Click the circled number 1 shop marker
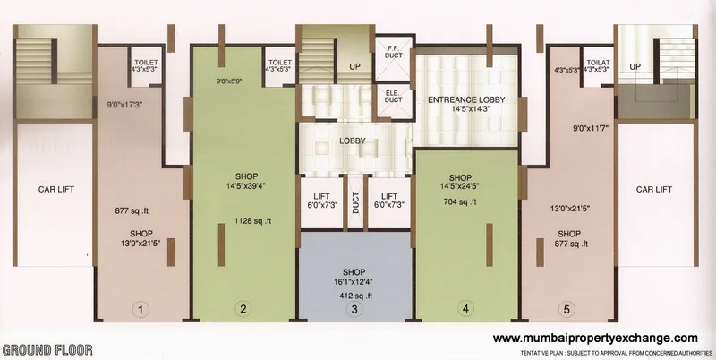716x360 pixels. tap(140, 310)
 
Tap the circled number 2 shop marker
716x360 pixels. tap(243, 310)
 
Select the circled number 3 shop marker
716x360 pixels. tap(354, 310)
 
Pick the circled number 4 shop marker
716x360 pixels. tap(465, 310)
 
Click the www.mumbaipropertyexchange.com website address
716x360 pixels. tap(595, 338)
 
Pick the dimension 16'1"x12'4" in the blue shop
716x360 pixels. tap(354, 281)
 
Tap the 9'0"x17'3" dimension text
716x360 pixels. tap(125, 91)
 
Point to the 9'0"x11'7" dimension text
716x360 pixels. tap(590, 128)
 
